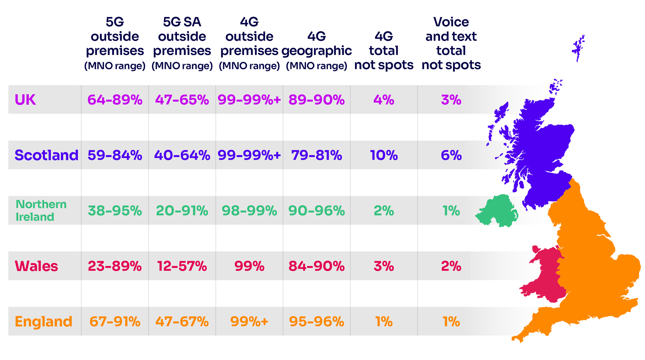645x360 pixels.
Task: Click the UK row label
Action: point(25,100)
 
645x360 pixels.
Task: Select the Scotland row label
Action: point(46,155)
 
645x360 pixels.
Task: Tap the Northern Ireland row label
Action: point(41,211)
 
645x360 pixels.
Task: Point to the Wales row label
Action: point(36,266)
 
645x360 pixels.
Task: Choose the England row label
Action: point(44,322)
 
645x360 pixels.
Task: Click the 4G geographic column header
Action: point(316,50)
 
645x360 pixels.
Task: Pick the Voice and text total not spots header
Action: point(451,43)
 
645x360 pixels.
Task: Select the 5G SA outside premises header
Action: point(182,43)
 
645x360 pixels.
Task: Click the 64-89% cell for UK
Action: point(115,100)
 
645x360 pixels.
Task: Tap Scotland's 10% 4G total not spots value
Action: point(384,155)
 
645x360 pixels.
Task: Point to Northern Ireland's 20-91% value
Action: point(182,211)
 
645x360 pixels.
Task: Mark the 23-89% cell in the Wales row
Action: point(115,266)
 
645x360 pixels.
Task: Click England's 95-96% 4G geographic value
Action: point(316,322)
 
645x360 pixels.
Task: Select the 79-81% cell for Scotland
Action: point(316,155)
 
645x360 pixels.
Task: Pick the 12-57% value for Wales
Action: point(182,266)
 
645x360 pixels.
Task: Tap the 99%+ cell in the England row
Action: point(249,322)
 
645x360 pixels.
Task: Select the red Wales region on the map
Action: point(546,274)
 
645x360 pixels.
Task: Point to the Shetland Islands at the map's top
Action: point(579,48)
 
